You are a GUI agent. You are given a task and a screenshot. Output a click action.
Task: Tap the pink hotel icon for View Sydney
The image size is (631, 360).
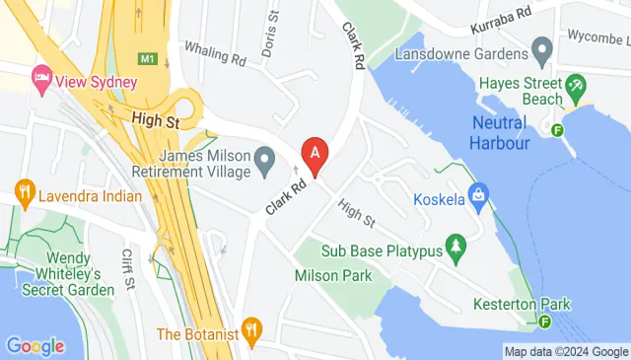pyautogui.click(x=41, y=76)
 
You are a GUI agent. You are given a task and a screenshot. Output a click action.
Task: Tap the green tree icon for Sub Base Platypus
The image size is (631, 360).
pyautogui.click(x=456, y=244)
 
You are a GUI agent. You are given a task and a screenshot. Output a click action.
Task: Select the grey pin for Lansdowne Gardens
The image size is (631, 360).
pyautogui.click(x=541, y=48)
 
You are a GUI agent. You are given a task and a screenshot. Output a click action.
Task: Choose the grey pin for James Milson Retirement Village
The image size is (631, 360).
pyautogui.click(x=264, y=158)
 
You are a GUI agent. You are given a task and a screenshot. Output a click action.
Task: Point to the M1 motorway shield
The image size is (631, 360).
pyautogui.click(x=148, y=59)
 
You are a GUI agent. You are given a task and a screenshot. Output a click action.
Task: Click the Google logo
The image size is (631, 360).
pyautogui.click(x=35, y=345)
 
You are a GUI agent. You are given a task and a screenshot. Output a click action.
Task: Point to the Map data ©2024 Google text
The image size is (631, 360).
pyautogui.click(x=565, y=351)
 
